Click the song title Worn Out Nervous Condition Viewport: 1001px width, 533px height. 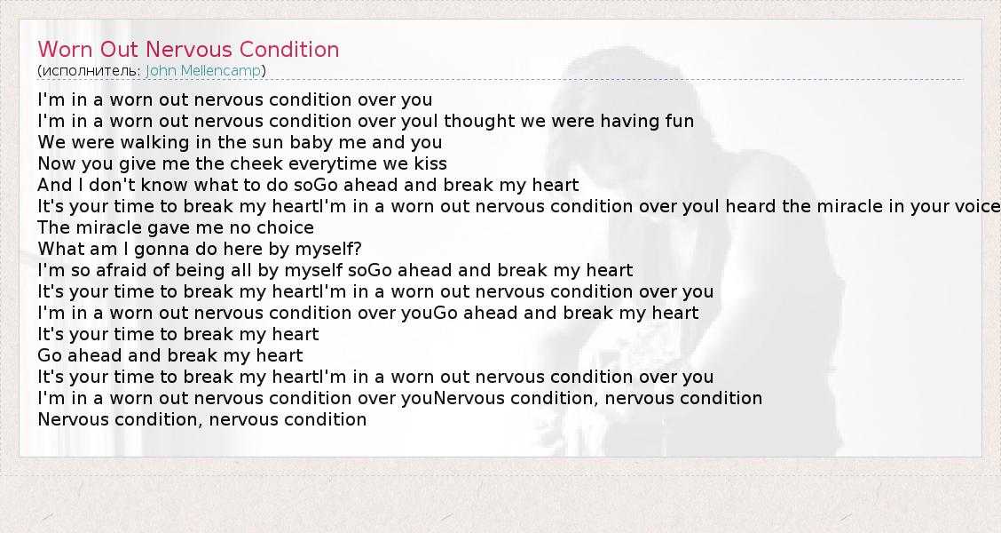point(188,49)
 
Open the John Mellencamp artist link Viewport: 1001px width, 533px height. point(203,70)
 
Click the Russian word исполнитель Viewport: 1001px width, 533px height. point(90,71)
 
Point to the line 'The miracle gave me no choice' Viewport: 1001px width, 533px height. point(176,227)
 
